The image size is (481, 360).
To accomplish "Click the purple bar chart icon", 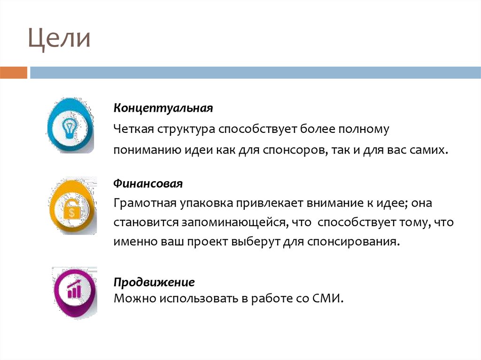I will (74, 291).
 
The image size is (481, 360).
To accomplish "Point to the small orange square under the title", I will (14, 73).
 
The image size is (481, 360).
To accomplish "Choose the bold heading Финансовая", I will (147, 183).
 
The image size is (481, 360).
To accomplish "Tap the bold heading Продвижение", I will (154, 283).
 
